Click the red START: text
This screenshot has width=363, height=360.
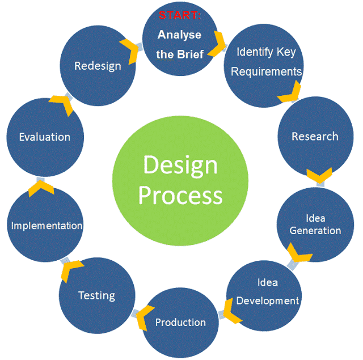180,15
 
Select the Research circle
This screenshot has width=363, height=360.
315,137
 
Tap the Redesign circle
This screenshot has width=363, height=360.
98,66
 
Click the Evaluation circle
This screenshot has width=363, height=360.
45,137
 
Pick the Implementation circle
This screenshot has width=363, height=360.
47,226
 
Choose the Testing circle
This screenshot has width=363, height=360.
96,295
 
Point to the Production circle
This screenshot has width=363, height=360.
180,323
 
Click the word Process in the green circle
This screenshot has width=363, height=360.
180,196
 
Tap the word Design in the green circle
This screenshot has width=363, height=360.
180,166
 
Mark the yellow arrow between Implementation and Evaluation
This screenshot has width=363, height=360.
40,187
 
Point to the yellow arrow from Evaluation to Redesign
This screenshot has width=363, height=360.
62,103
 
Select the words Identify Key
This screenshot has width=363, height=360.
266,52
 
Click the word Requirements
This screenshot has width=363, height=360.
266,72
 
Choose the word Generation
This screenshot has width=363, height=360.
315,231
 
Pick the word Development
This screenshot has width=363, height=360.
267,300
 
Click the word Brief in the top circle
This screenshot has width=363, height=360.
190,55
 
